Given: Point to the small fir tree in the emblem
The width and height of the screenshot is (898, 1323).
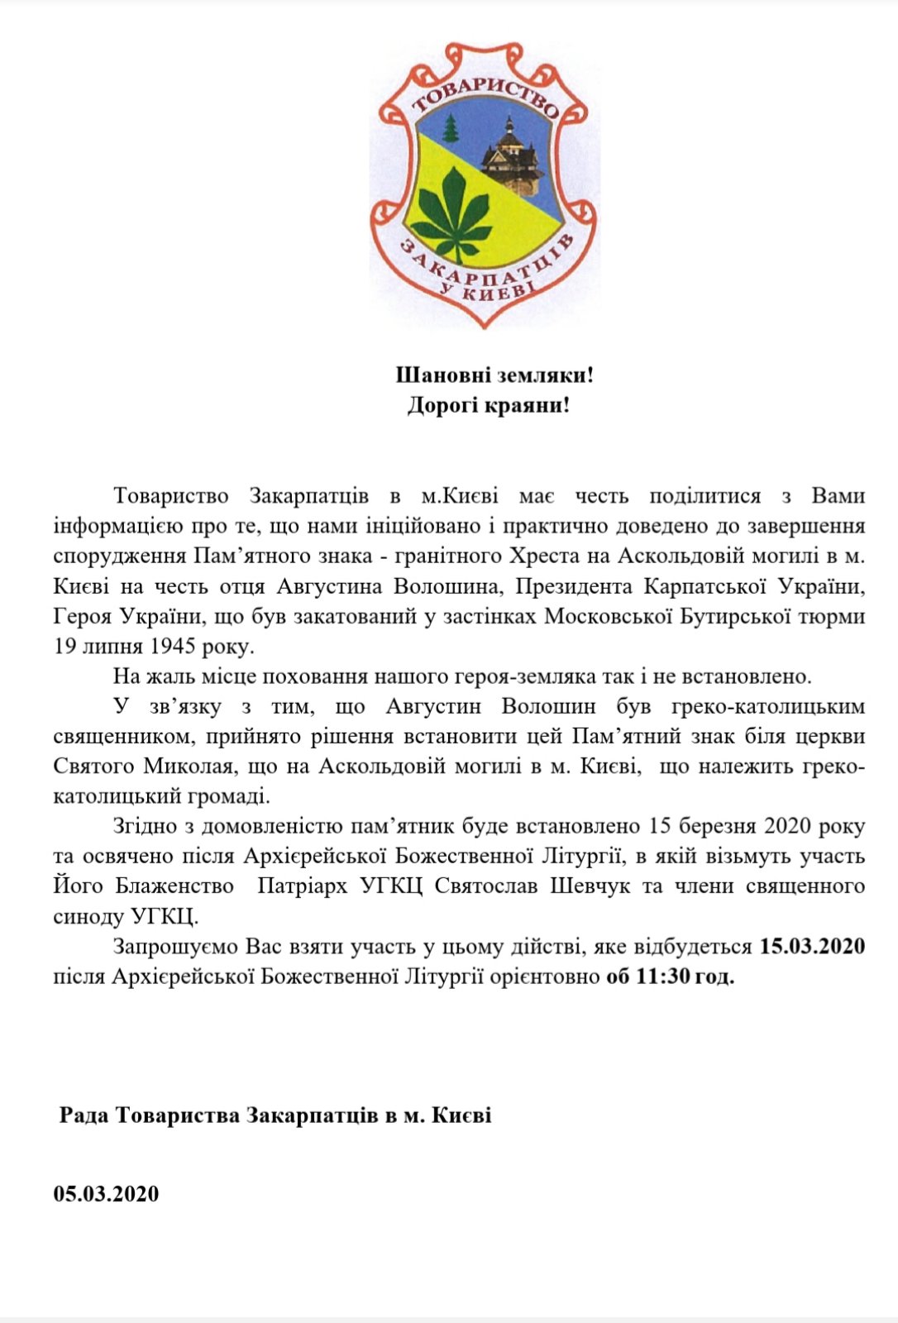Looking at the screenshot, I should [x=451, y=128].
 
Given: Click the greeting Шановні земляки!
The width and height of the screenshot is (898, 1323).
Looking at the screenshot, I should [x=494, y=375].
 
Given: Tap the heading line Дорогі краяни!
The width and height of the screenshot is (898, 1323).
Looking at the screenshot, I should [x=488, y=406].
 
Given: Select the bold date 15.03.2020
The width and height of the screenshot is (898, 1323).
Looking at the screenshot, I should [x=812, y=946].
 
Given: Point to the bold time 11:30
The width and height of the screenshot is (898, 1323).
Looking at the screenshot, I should [x=663, y=977].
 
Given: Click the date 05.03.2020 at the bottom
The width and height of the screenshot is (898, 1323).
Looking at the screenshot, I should [x=106, y=1194].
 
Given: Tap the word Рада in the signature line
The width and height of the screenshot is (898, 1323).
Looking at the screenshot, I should [x=84, y=1115].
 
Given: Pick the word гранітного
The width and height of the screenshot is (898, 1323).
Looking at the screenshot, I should [x=419, y=556].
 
